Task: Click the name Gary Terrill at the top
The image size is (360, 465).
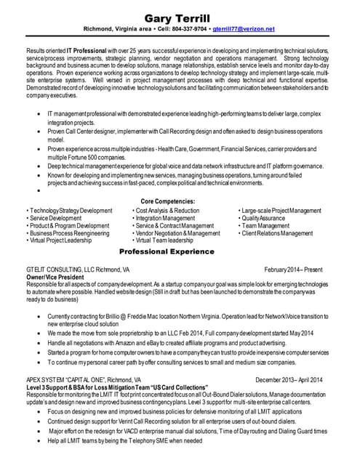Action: pos(179,17)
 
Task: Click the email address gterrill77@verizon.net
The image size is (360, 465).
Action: pos(243,29)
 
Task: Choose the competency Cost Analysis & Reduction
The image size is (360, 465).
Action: pos(167,210)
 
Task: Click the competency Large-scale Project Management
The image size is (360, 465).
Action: pos(281,210)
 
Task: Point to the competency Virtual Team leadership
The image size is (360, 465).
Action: pos(164,240)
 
